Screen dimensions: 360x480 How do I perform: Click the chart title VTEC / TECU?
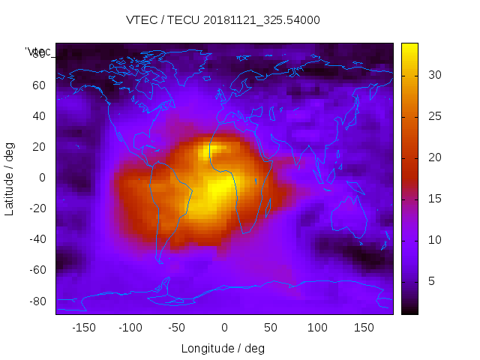[223, 20]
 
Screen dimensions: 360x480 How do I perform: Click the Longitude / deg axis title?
[223, 348]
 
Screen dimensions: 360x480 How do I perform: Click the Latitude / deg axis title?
[10, 178]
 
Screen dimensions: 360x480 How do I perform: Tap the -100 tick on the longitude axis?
[130, 328]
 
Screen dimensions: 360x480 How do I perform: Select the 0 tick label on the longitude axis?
[223, 328]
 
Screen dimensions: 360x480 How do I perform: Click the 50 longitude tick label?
[271, 328]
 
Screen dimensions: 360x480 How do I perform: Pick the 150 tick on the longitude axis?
[364, 328]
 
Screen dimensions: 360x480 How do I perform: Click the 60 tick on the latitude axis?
[38, 85]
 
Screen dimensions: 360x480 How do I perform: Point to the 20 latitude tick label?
[38, 147]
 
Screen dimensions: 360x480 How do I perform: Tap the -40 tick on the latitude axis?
[35, 239]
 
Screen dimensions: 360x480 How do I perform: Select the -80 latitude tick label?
[35, 301]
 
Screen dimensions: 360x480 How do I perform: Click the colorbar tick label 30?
[433, 75]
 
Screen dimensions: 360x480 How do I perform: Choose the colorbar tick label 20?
[433, 157]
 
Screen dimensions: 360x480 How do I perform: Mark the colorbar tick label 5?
[430, 281]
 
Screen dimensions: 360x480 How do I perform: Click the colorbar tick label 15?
[433, 199]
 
